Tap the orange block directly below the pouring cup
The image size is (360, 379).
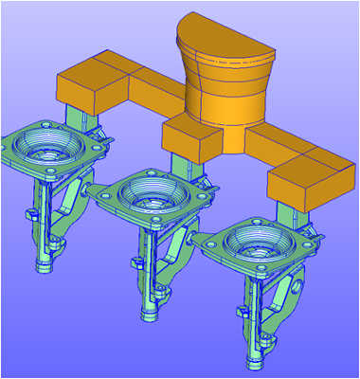click(194, 137)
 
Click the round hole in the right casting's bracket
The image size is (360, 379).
click(301, 282)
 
